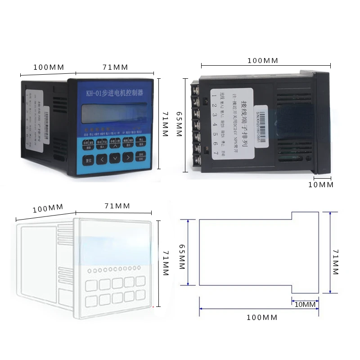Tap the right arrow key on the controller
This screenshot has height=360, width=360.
(x=129, y=157)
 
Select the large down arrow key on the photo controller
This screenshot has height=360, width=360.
(x=116, y=157)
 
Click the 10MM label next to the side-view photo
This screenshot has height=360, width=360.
(x=320, y=184)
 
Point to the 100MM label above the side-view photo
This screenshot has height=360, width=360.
(x=263, y=60)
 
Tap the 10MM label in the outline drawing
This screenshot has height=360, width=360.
(x=305, y=305)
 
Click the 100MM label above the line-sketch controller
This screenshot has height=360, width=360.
(x=49, y=208)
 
